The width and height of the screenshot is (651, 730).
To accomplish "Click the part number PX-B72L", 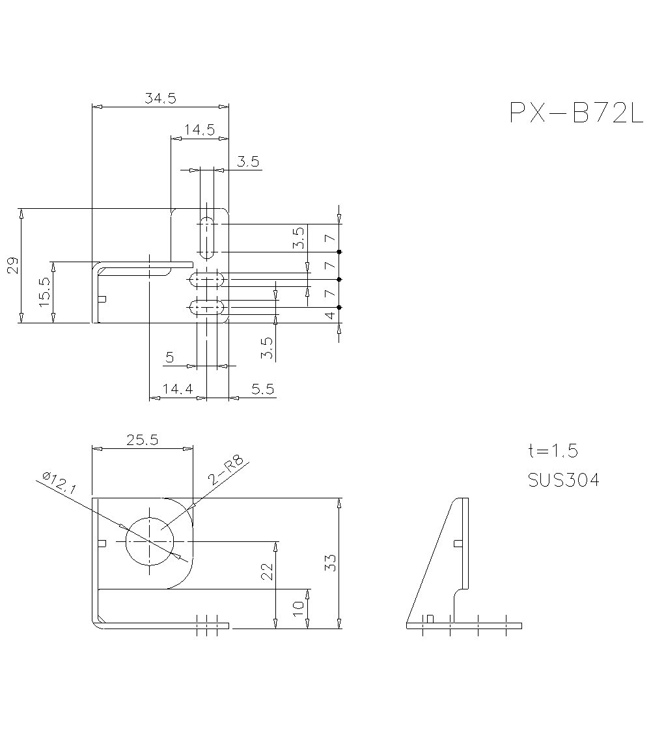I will (575, 113).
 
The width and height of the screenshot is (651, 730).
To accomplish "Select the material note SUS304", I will (564, 480).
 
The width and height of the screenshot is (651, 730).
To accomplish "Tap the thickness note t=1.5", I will (553, 451).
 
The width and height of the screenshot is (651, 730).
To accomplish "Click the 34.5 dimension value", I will (160, 98).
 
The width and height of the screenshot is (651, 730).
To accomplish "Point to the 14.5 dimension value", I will (199, 129).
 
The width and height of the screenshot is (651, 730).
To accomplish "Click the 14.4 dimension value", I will (178, 389).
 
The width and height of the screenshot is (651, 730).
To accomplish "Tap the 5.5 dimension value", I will (262, 389).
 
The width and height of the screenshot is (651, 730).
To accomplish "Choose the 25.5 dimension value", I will (143, 440).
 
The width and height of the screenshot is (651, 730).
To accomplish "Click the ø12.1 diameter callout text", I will (59, 485).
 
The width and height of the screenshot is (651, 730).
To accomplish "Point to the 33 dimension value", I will (330, 563).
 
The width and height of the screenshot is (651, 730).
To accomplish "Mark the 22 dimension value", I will (267, 571).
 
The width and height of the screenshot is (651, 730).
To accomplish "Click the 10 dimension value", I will (299, 609).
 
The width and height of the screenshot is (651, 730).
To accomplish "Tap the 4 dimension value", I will (330, 316).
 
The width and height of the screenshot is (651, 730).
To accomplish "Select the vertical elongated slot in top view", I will (206, 237).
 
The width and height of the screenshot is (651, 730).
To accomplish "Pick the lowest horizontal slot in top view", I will (206, 306).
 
